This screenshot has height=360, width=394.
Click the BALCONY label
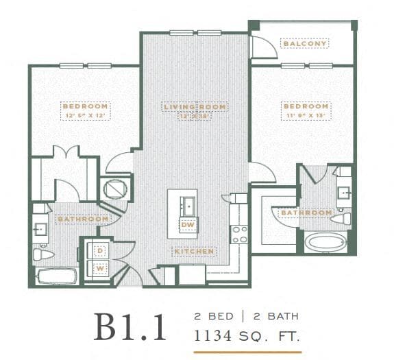pos(305,43)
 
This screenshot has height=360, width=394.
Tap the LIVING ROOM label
pos(195,107)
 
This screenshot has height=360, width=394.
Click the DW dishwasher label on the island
pos(187,225)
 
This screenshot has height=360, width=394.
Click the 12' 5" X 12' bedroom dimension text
pos(86,115)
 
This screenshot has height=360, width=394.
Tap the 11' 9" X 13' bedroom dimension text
pos(305,115)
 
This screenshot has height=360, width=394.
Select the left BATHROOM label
pos(83,219)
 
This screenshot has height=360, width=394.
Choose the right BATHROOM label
pos(306,213)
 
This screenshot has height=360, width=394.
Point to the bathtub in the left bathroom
pos(57,277)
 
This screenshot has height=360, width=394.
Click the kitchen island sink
pos(187,205)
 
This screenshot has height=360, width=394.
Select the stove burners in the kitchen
pos(239,234)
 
